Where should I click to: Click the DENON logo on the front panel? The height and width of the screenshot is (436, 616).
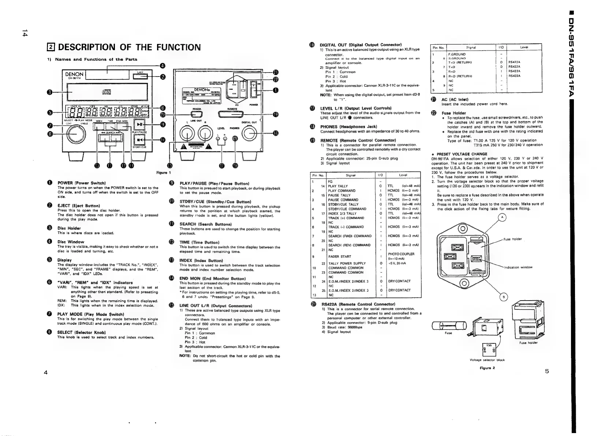pos(74,74)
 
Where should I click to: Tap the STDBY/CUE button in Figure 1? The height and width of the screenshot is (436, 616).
pos(139,139)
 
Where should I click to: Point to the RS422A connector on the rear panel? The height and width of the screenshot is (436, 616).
pos(194,114)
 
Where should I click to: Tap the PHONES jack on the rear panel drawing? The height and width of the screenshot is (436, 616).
pos(235,138)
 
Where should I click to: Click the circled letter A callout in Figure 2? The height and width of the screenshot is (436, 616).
pos(502,217)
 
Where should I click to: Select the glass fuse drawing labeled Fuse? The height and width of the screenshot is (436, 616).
pos(449,326)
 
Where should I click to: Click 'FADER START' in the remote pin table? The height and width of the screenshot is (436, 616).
pos(340,256)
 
